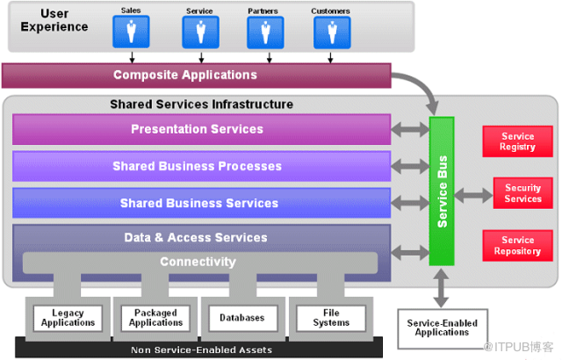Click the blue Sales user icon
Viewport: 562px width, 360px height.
(x=131, y=32)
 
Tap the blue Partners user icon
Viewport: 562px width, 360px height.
(x=265, y=32)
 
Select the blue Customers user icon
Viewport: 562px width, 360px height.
(x=332, y=32)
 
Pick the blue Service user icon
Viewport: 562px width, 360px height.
(x=200, y=32)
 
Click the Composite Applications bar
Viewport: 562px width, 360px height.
(x=197, y=76)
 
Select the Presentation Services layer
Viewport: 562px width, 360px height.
(x=201, y=129)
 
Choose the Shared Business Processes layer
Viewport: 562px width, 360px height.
(x=201, y=166)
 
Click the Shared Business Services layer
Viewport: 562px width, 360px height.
(x=201, y=203)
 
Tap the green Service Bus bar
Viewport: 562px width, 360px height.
(x=442, y=191)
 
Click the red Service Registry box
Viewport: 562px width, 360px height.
(x=517, y=141)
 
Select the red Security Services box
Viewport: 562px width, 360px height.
(x=523, y=193)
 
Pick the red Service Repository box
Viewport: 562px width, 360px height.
(x=517, y=246)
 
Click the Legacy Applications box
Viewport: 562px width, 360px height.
(x=68, y=318)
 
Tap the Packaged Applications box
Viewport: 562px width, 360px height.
(x=156, y=318)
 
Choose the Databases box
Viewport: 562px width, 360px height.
(x=243, y=318)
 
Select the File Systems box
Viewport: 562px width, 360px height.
(x=331, y=318)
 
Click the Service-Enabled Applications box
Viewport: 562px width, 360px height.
(x=443, y=328)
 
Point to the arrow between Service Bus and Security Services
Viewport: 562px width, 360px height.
(x=473, y=195)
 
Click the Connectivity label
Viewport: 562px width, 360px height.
(x=198, y=262)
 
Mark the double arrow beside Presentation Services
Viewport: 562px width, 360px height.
(x=410, y=129)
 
